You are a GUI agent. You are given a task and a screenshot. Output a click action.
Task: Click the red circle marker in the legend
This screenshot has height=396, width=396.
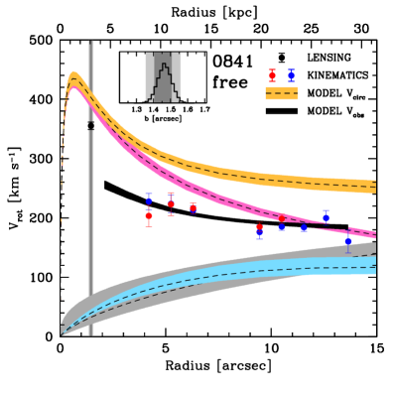point(272,75)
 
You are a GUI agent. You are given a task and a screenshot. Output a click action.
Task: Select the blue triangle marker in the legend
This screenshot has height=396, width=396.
point(291,74)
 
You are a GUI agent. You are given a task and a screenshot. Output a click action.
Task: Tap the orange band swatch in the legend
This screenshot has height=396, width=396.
point(281,93)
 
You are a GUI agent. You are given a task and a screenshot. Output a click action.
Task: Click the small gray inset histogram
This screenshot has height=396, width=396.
point(163,77)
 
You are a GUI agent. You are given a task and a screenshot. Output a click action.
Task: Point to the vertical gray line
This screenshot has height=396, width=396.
point(91,189)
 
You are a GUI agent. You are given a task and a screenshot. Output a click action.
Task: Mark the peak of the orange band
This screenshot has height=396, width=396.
point(74,75)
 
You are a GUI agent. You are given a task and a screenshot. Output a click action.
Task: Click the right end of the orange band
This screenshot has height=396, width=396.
point(374,186)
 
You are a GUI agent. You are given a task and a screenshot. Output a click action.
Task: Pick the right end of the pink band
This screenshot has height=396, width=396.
point(374,234)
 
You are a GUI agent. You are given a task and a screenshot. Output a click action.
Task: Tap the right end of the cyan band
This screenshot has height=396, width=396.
point(374,264)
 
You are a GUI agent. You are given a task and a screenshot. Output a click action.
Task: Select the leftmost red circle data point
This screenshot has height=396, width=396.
point(149,215)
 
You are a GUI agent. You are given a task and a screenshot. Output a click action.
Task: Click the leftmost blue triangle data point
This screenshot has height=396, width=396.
point(149,199)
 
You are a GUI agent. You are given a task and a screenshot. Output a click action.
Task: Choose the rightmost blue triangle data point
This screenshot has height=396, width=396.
point(347,240)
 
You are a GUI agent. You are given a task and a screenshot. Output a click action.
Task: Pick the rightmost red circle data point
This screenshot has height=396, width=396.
point(281,219)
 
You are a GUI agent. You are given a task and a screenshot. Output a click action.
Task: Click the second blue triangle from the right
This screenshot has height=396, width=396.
point(326,215)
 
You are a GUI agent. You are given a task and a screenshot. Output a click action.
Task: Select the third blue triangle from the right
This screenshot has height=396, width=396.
point(303,227)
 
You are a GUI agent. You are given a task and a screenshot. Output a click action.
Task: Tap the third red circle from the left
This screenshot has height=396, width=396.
point(193,208)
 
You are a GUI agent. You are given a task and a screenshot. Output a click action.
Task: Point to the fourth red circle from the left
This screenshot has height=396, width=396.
point(259,228)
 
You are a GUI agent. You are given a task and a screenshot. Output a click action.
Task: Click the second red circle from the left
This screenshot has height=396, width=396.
point(171,204)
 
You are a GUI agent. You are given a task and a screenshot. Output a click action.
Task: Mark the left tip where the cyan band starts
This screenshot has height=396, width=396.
point(64,332)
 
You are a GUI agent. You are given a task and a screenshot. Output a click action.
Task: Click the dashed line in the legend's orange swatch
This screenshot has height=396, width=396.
point(281,93)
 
